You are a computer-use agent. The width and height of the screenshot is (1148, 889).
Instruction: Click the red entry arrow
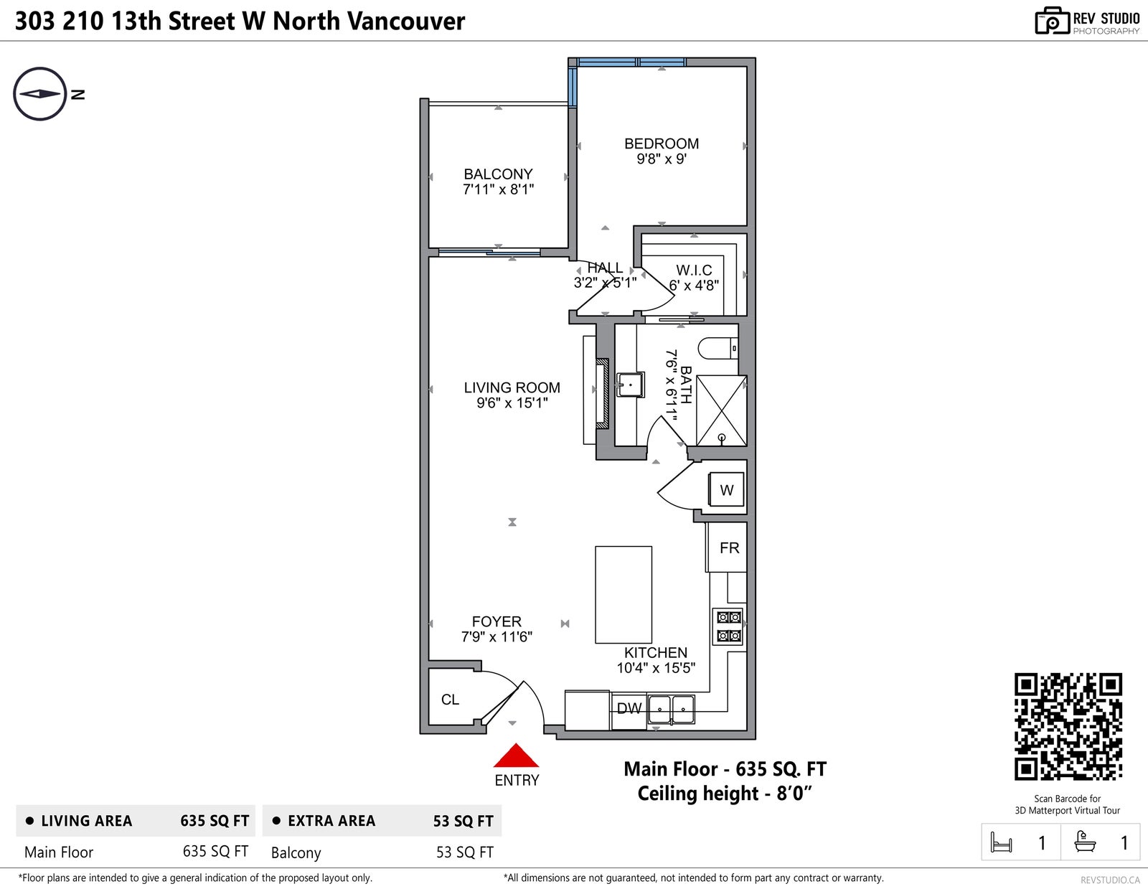point(516,756)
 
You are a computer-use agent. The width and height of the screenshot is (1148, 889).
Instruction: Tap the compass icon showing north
point(40,94)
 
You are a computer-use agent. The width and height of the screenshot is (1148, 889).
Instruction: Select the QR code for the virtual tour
point(1068,726)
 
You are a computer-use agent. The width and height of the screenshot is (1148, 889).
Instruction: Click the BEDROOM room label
point(662,144)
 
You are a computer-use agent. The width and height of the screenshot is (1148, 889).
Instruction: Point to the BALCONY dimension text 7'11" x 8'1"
point(498,189)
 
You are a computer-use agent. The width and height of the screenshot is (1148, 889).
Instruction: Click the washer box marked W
point(726,489)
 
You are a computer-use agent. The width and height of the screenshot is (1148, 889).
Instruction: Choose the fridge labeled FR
point(727,547)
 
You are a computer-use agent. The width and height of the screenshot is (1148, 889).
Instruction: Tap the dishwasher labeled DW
point(629,710)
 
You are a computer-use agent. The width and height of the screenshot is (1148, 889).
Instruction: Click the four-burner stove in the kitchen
point(728,626)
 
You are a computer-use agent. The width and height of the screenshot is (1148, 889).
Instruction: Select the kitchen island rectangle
point(624,595)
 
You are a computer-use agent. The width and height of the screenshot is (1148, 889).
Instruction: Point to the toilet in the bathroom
point(718,349)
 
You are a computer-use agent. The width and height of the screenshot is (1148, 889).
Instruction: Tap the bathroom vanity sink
point(630,385)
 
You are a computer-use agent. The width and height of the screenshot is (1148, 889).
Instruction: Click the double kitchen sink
point(672,710)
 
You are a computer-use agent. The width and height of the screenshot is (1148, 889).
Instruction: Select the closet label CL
point(450,700)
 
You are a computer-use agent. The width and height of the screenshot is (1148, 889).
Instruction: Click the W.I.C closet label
point(695,271)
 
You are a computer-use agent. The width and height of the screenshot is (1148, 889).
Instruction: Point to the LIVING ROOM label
point(512,387)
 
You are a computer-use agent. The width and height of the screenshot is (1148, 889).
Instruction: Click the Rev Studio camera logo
point(1053,21)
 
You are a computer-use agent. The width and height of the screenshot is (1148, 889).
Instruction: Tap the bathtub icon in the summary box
point(1085,842)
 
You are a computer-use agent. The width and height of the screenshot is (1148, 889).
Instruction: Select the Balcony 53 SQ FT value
point(465,852)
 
